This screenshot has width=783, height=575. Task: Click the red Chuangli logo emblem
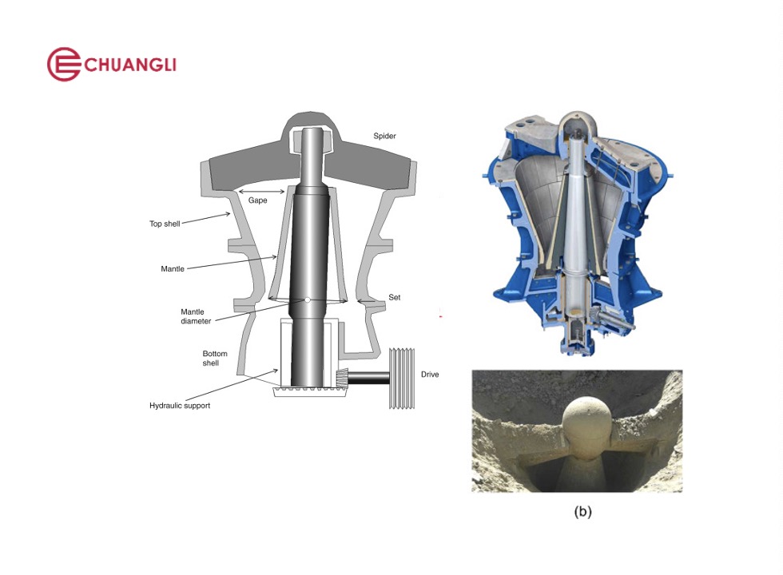[64, 65]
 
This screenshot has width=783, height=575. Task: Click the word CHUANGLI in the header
[129, 65]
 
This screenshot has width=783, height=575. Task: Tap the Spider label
[384, 136]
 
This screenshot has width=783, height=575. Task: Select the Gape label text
[257, 200]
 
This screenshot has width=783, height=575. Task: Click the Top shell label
[165, 224]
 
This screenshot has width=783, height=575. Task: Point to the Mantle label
[173, 268]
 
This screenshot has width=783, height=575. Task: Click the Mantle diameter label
[196, 316]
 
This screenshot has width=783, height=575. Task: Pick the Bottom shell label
[215, 359]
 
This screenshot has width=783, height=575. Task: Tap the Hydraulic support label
[180, 406]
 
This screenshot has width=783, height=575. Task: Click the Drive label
[430, 375]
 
